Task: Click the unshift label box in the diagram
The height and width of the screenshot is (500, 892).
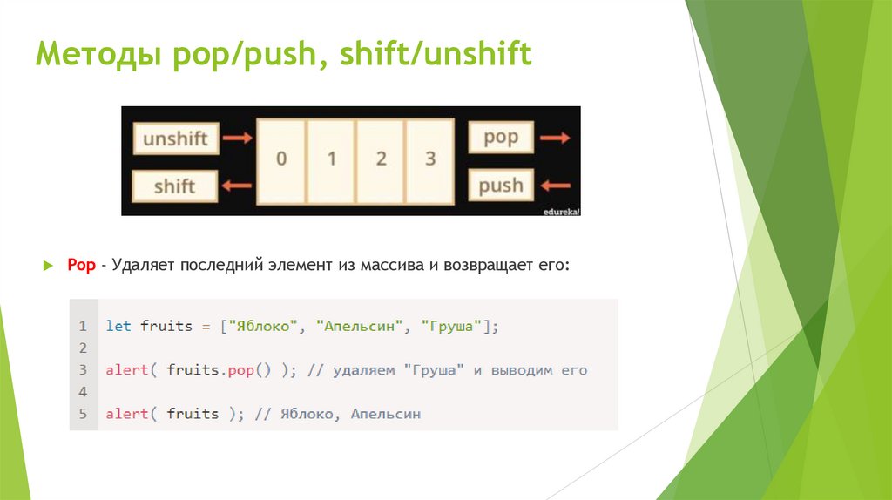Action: pos(175,139)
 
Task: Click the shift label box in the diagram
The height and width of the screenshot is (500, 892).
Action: pos(175,186)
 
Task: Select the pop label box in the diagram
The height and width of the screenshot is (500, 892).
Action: pos(500,138)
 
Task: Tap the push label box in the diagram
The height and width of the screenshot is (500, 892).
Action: pos(500,185)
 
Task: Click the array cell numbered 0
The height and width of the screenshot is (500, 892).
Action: pos(281,160)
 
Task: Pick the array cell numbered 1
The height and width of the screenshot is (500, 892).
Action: pos(331,160)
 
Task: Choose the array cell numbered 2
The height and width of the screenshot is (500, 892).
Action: pos(381,160)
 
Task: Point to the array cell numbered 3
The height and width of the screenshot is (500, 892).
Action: pos(429,160)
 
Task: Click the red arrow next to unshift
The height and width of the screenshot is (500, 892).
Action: pos(237,138)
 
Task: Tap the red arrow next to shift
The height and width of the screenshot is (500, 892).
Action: pos(237,185)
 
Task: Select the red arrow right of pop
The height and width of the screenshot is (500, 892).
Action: pos(554,138)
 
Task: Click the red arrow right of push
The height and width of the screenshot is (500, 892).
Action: pos(554,185)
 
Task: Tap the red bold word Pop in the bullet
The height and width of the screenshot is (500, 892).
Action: pos(81,264)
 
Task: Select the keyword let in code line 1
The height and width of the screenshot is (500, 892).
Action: pos(118,326)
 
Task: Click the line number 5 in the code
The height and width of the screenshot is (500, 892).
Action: pos(83,414)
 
